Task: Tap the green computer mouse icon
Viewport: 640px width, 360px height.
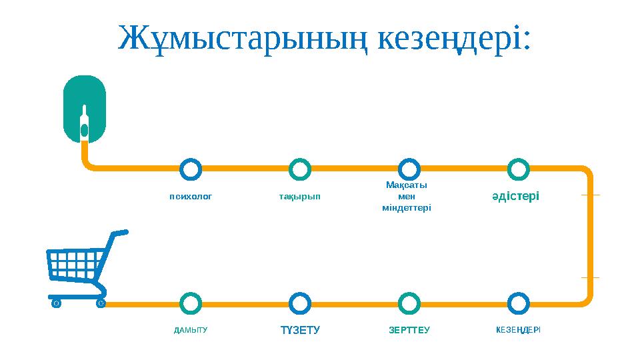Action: tap(84, 108)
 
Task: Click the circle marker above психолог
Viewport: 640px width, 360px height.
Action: tap(191, 169)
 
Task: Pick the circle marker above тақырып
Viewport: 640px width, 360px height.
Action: tap(301, 169)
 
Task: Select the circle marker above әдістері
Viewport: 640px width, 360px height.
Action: tap(518, 169)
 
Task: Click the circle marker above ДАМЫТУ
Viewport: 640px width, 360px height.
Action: tap(191, 303)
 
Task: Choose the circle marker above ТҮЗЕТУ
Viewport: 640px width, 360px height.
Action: tap(301, 303)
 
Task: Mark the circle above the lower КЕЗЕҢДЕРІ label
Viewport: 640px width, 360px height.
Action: tap(518, 303)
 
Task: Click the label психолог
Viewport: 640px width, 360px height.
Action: tap(191, 197)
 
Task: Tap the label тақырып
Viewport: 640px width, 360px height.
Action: tap(300, 197)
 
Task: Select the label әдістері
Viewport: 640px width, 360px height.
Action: tap(515, 196)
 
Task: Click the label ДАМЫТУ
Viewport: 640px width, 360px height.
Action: tap(191, 330)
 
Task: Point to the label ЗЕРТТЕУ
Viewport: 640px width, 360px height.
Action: tap(409, 330)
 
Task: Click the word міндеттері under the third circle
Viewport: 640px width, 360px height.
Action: tap(407, 208)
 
